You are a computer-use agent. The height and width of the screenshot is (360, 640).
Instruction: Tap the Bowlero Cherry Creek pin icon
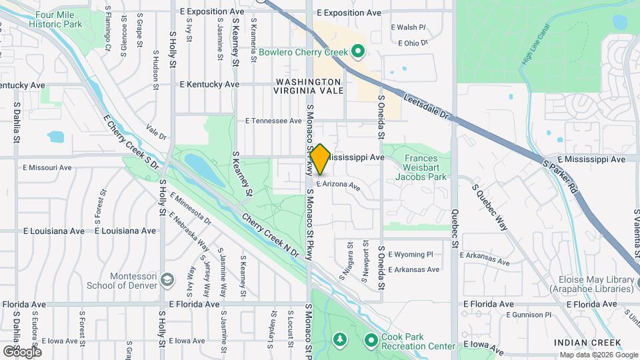pyautogui.click(x=358, y=51)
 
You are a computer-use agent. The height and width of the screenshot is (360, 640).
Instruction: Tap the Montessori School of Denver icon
pyautogui.click(x=167, y=279)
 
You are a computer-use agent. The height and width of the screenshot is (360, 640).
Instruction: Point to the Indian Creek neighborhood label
pyautogui.click(x=587, y=343)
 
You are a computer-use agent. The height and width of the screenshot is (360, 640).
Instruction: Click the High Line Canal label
pyautogui.click(x=536, y=47)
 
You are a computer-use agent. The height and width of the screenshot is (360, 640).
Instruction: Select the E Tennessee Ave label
pyautogui.click(x=273, y=121)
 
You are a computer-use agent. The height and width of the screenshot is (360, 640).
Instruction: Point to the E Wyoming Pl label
pyautogui.click(x=410, y=255)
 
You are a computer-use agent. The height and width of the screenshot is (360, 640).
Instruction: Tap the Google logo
pyautogui.click(x=21, y=351)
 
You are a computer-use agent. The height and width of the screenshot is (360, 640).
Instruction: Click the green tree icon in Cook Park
pyautogui.click(x=340, y=341)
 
